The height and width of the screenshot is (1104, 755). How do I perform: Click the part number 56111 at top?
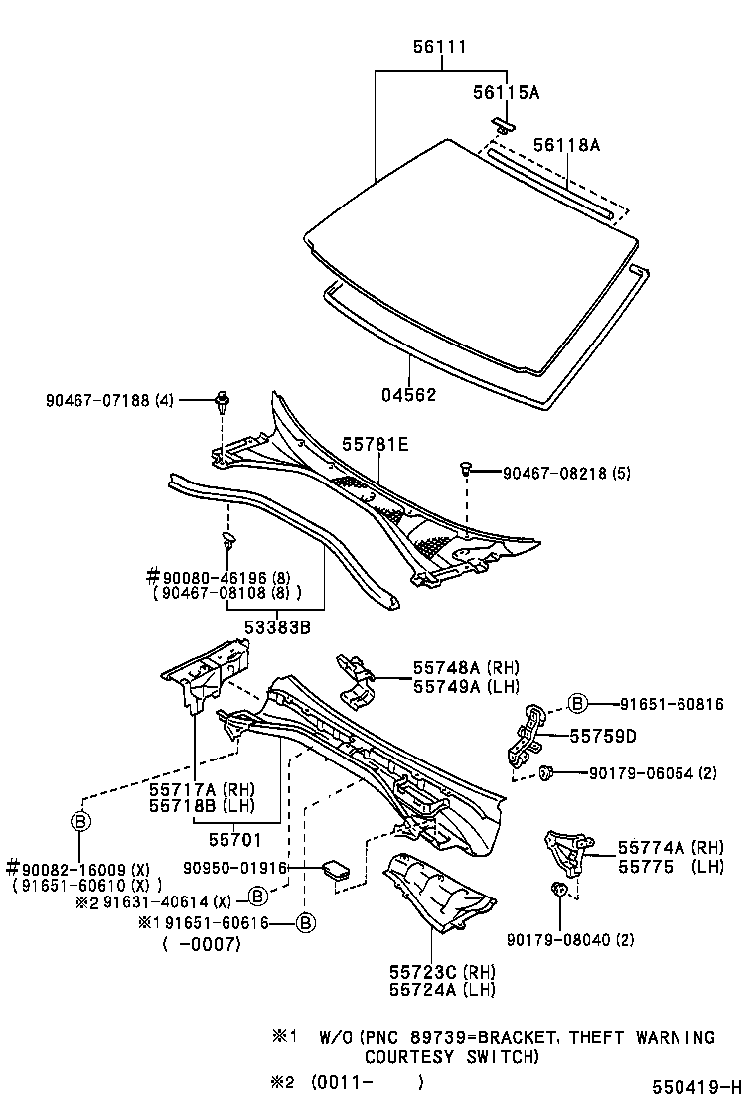tap(440, 47)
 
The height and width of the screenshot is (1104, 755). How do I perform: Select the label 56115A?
tap(506, 92)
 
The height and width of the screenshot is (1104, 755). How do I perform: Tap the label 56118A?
tap(566, 145)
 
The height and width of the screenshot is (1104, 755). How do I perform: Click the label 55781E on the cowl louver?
tap(376, 444)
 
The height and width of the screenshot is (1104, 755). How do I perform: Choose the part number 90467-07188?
tap(96, 401)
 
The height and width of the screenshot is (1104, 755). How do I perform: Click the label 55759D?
tap(603, 737)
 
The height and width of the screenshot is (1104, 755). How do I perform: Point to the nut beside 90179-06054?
tap(545, 772)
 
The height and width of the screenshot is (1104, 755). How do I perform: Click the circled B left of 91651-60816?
tap(577, 704)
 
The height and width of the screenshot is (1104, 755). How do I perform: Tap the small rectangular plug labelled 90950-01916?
tap(335, 870)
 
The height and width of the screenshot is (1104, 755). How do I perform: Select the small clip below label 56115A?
tap(504, 125)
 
